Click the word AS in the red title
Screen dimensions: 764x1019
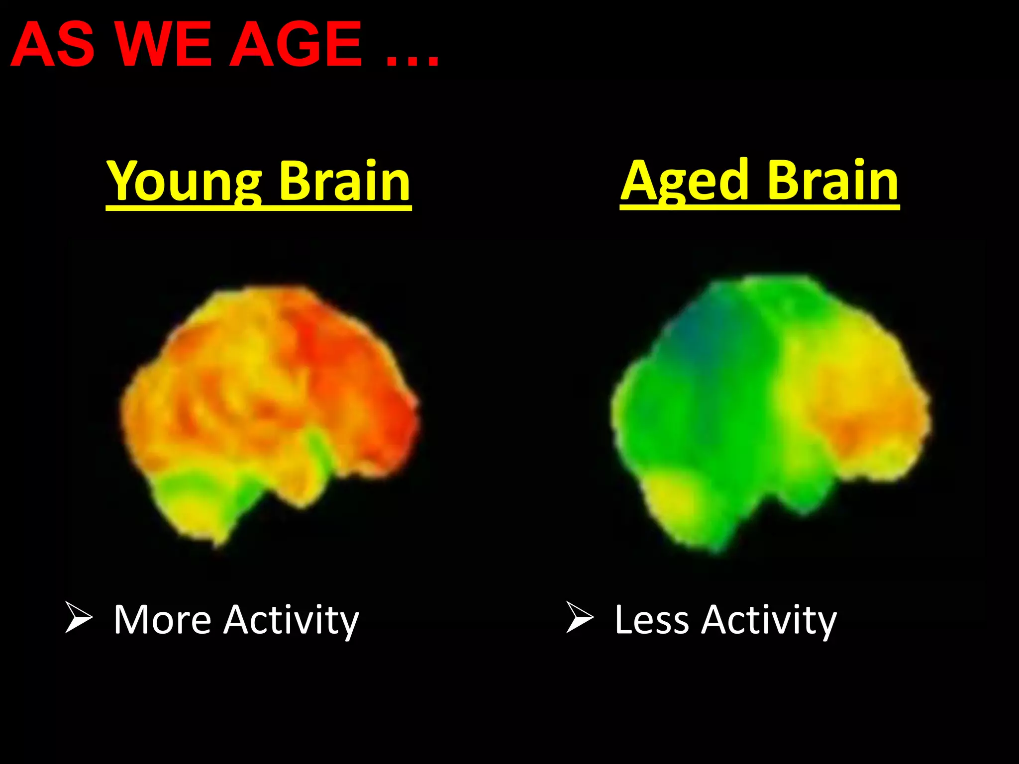(53, 45)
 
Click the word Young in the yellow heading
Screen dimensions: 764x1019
(184, 182)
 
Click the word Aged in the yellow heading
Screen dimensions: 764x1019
(686, 181)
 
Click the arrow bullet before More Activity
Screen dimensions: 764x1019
(79, 617)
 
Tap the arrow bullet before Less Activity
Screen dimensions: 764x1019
(580, 617)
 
